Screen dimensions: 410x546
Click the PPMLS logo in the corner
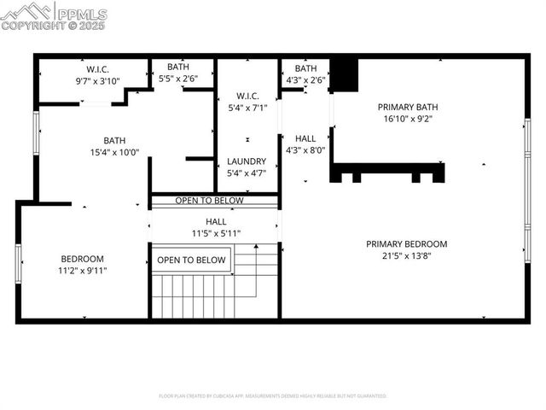(x=55, y=15)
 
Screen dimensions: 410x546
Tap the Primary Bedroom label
(x=406, y=244)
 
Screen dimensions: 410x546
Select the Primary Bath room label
(x=408, y=108)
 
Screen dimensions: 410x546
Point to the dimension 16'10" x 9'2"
(x=408, y=120)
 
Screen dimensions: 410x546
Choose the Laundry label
(x=247, y=161)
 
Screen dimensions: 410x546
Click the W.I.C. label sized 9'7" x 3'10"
(x=97, y=69)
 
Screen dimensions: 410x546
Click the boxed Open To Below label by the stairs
(x=192, y=261)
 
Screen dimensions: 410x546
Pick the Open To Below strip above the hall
(x=209, y=201)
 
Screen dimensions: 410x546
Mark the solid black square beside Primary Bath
(x=343, y=74)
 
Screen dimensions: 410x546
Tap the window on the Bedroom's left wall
(x=18, y=262)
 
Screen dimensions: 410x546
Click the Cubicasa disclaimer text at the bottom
(x=273, y=396)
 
